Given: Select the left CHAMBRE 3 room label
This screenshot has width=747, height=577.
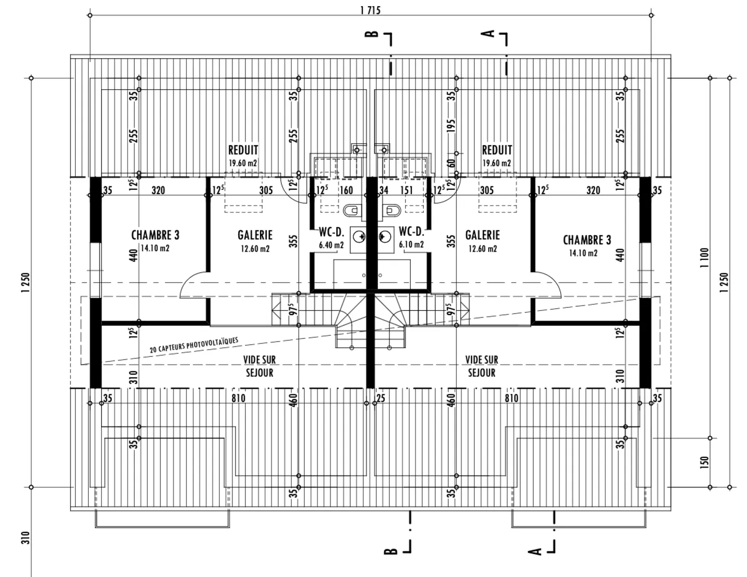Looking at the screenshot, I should point(155,235).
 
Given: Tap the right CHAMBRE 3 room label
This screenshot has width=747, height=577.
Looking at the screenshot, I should point(587,240).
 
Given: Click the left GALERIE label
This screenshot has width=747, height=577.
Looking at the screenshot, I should point(255,235).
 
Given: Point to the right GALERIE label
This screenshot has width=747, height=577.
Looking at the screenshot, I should point(482,235).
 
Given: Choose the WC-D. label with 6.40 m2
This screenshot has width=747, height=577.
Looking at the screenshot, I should point(331,232).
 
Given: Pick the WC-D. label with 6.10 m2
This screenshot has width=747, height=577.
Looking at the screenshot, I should point(411,232).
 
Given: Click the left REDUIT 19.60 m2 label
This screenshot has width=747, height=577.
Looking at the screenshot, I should point(243,155).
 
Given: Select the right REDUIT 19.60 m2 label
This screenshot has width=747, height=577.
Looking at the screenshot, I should point(497,155).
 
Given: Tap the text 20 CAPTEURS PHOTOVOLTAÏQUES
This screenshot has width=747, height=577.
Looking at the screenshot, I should point(194,345).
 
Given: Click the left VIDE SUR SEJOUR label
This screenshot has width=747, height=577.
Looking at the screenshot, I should point(259,366).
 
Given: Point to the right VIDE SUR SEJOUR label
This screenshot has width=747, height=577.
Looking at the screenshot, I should point(481,366).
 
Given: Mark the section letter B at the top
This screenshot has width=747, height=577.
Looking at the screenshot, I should point(372,34).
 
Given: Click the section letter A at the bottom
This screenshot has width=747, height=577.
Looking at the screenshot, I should point(534,551).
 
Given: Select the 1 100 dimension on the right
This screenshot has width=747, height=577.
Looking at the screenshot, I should point(703,257).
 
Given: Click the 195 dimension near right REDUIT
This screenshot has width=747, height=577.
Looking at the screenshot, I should point(451,126).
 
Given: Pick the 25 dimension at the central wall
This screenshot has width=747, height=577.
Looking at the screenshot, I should point(381,399).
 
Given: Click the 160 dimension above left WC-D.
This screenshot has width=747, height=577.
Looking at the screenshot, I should point(346,190).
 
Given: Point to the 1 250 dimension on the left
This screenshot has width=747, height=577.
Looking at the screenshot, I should point(26,283).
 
